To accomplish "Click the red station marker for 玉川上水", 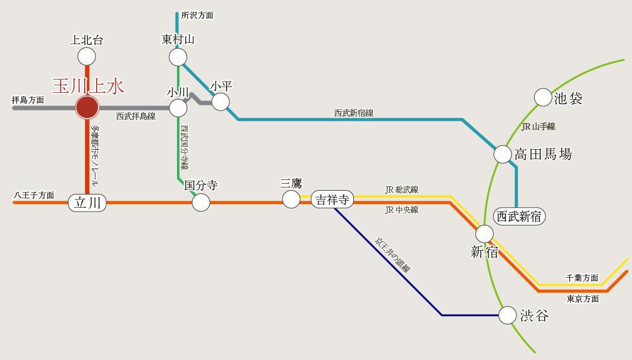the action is [x=87, y=108].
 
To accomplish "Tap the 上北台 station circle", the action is [x=87, y=57].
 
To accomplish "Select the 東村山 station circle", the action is [x=178, y=57].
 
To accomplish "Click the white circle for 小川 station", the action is [x=178, y=108].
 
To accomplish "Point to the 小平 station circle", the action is [x=221, y=101].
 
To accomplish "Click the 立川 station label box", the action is [x=87, y=203].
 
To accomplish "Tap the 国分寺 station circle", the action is [x=200, y=202].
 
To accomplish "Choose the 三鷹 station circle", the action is [x=291, y=200].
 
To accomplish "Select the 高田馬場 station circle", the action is [x=502, y=154].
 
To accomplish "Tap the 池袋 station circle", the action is [x=543, y=97].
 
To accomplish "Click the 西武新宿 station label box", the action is [x=519, y=216].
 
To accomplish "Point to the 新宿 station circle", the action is [x=484, y=234].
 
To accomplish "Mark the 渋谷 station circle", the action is [x=507, y=315].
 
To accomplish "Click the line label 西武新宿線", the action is [x=354, y=113].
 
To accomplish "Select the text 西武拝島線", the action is [x=136, y=116].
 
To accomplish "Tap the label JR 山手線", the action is [x=538, y=127].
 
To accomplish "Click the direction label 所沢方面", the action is [x=197, y=15].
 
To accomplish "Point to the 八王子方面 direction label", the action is [x=34, y=196].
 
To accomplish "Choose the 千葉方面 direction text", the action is [x=582, y=278].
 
